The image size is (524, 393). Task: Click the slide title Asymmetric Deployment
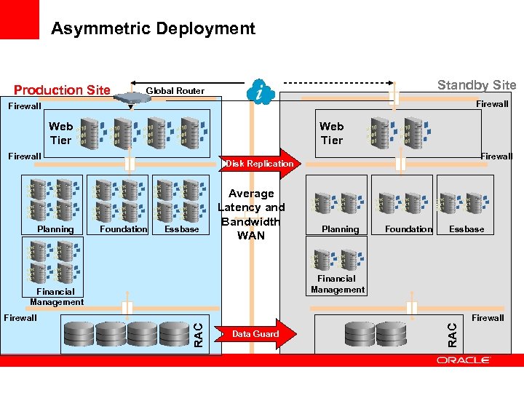(153, 28)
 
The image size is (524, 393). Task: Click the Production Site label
(62, 90)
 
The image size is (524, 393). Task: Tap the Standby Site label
(476, 85)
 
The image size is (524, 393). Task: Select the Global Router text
(175, 91)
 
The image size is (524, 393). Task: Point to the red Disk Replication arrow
(261, 164)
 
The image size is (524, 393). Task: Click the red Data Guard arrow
(256, 333)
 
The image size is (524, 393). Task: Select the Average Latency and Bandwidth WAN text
(251, 214)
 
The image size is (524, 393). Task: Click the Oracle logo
(464, 360)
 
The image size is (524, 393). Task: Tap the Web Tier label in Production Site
(61, 133)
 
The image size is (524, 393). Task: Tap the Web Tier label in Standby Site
(331, 133)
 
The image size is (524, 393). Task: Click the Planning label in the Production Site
(56, 229)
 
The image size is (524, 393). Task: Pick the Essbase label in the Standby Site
(467, 229)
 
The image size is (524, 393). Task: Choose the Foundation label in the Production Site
(123, 229)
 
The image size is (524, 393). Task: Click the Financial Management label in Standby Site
(337, 284)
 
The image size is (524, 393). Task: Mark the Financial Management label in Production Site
(57, 297)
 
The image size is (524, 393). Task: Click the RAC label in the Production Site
(198, 334)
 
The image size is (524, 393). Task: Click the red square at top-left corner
(19, 20)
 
